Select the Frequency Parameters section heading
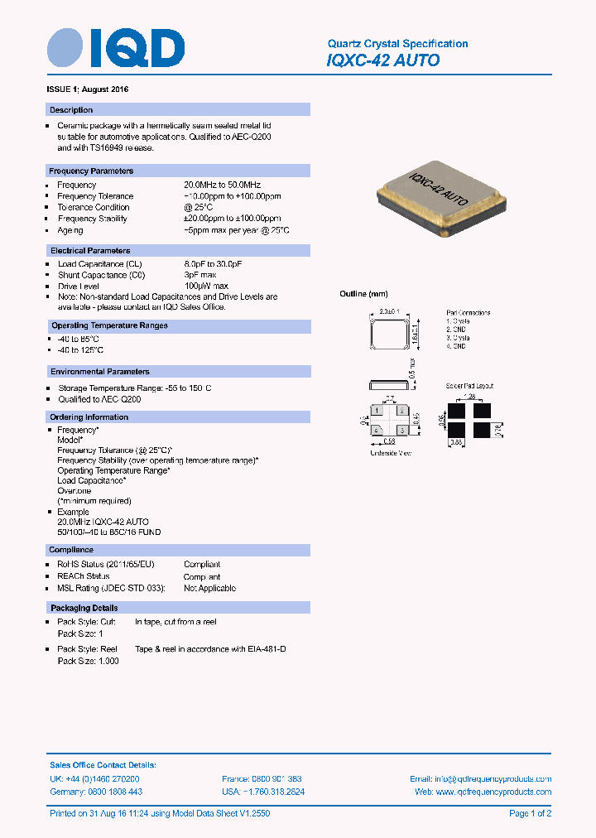click(x=91, y=171)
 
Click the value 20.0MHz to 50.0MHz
click(x=222, y=185)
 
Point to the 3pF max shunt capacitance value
click(x=199, y=275)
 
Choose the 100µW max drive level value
click(x=205, y=286)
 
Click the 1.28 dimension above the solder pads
click(x=470, y=397)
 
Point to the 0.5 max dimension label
click(x=411, y=367)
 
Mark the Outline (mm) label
click(x=363, y=294)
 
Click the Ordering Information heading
click(x=89, y=417)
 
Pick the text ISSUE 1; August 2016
click(x=87, y=89)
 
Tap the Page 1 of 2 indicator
click(x=530, y=814)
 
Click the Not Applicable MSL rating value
click(x=209, y=588)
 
